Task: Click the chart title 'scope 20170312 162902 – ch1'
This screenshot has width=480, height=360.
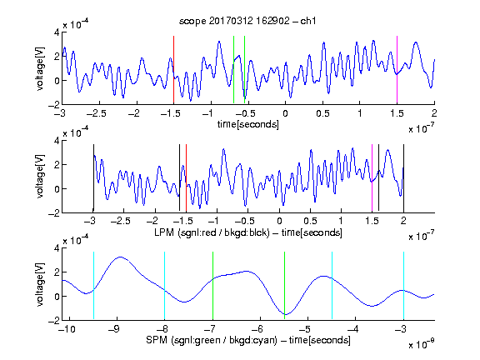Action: coord(247,21)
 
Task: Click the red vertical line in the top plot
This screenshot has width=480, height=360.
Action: coord(173,70)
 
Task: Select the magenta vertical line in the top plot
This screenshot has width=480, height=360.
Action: coord(397,70)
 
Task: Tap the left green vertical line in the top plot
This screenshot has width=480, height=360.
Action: coord(233,70)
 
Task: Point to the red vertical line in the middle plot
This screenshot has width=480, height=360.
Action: coord(186,177)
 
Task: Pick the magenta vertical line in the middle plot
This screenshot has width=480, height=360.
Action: coord(372,177)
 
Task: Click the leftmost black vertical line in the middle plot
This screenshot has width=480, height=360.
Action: coord(93,177)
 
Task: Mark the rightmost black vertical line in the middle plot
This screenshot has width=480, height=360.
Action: coord(403,177)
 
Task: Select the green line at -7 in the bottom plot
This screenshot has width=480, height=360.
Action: coord(212,286)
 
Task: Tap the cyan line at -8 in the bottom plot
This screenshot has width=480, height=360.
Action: coord(164,286)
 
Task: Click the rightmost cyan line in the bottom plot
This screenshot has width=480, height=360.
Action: coord(403,286)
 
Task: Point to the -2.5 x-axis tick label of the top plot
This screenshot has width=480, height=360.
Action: coord(96,113)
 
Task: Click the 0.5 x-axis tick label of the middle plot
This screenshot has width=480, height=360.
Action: coord(310,222)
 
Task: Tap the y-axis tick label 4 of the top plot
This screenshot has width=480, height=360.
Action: coord(57,32)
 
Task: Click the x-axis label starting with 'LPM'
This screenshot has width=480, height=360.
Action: coord(248,232)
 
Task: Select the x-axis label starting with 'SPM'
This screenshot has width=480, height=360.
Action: coord(248,340)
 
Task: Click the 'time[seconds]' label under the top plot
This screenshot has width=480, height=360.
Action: coord(248,124)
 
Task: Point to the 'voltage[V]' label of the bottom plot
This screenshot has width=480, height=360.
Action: coord(40,284)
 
